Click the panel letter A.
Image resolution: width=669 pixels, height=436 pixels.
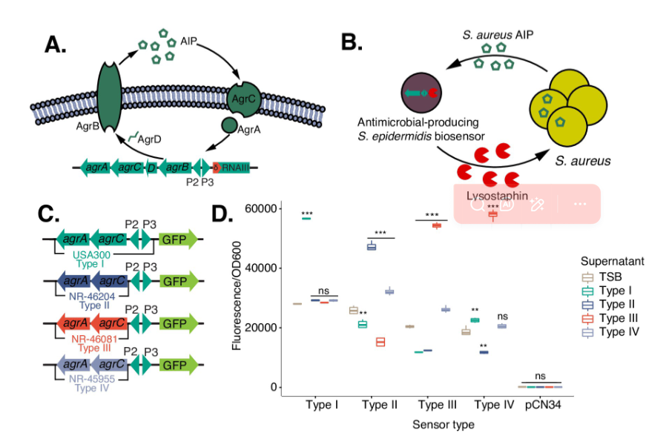56,44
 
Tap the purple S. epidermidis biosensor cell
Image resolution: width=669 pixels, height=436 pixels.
420,93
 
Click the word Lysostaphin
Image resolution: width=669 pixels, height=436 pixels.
490,195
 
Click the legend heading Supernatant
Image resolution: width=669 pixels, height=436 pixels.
612,262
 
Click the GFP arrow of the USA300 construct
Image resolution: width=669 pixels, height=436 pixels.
178,239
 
